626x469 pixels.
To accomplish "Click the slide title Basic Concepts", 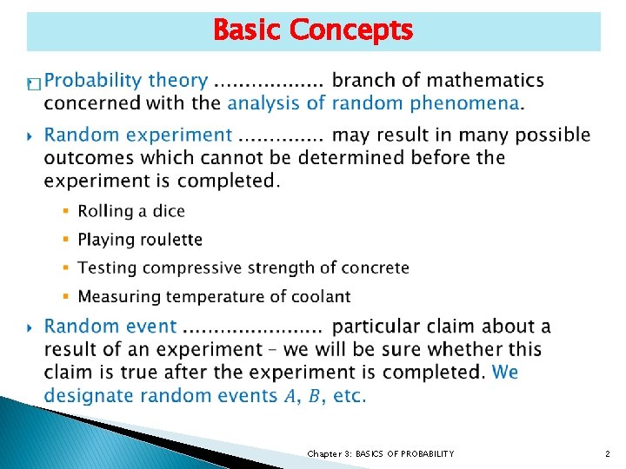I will click(313, 30).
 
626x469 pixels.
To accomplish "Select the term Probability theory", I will click(126, 81).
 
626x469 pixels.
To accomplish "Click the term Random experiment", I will click(138, 135).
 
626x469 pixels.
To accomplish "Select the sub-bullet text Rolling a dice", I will click(131, 211).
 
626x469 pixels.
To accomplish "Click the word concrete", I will click(375, 268).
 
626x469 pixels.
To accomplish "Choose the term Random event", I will click(110, 327).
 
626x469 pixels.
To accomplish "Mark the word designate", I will click(90, 395).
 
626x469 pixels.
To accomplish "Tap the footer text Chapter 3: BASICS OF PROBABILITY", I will click(380, 453).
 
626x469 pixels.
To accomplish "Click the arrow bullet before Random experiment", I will click(31, 136).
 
